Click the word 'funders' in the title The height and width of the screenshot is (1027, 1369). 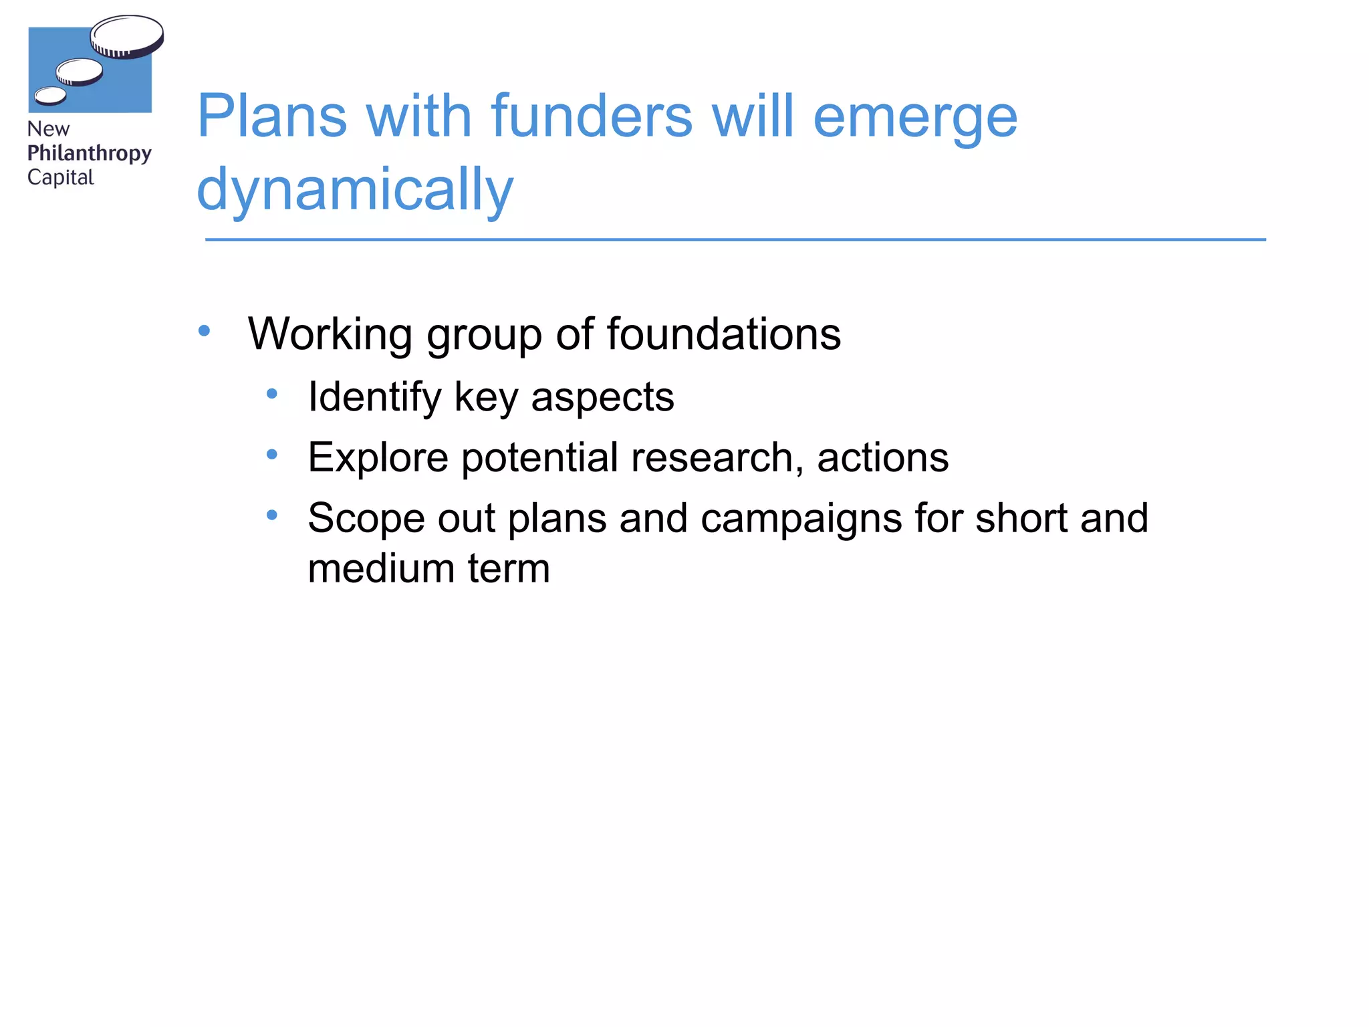point(592,116)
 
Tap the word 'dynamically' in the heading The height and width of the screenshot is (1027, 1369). point(355,190)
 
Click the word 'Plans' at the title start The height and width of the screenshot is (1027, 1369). point(272,116)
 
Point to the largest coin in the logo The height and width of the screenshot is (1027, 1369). point(127,36)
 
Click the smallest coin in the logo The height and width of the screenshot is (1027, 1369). point(50,96)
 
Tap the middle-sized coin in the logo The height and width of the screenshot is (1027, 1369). point(80,72)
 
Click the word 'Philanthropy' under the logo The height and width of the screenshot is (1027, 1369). point(89,153)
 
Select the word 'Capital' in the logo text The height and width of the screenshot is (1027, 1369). point(60,177)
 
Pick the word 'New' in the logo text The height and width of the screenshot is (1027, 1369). point(48,128)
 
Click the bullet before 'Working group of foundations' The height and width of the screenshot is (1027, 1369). point(205,330)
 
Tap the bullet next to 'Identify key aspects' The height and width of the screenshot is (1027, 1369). point(271,394)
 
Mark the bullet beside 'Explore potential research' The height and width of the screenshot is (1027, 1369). point(271,455)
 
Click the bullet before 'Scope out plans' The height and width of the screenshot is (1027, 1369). point(271,515)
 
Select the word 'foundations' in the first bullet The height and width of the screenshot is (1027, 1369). point(723,334)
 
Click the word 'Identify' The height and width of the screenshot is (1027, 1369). point(374,397)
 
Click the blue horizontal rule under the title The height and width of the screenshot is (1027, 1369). point(735,239)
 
